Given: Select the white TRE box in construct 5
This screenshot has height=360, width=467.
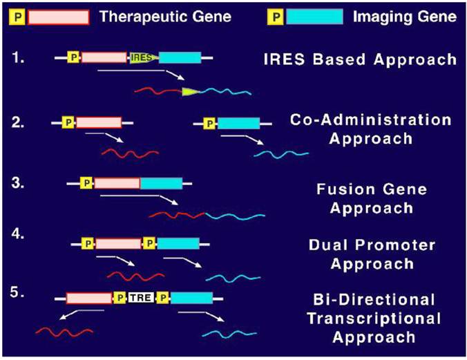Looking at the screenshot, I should [x=141, y=299].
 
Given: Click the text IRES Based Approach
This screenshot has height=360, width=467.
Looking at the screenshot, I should [x=360, y=59].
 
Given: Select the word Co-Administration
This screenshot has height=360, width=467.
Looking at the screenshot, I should [x=370, y=120].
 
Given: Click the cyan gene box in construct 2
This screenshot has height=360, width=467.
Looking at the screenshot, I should [x=238, y=124].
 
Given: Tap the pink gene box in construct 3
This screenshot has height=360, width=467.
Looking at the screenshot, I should [x=117, y=183].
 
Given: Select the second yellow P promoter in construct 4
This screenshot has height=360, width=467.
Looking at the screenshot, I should [x=149, y=243].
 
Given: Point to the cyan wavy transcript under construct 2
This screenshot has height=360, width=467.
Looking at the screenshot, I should [x=280, y=152].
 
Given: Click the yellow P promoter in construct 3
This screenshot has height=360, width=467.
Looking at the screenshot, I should [x=86, y=183].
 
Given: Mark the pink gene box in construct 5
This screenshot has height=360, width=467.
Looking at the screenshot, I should [x=88, y=299].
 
